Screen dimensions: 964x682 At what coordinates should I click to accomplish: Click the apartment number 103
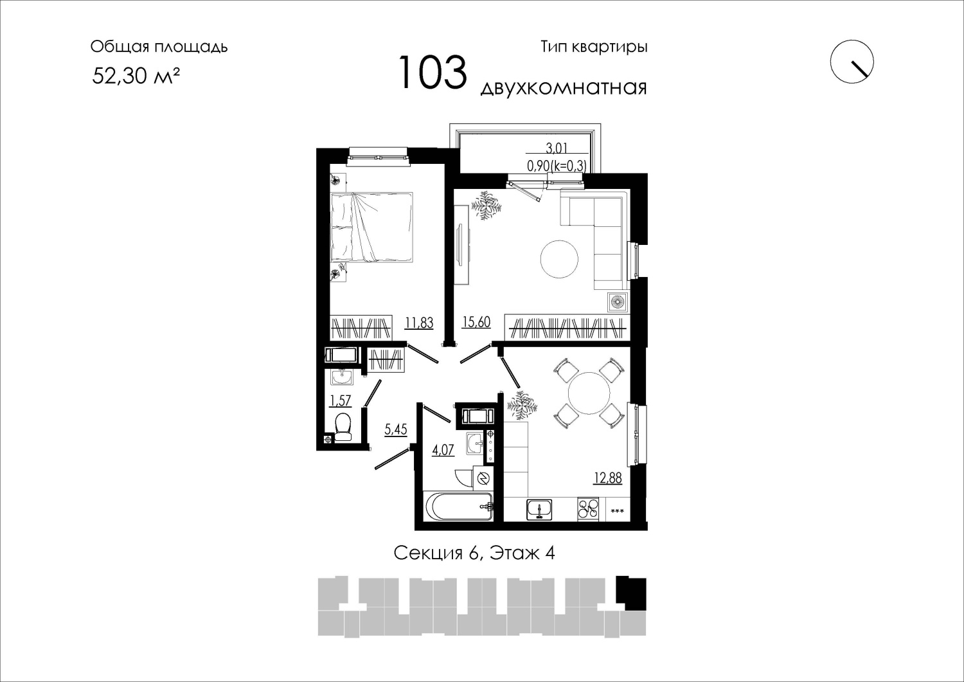pyautogui.click(x=433, y=73)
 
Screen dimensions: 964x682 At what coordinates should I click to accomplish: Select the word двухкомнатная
pyautogui.click(x=564, y=88)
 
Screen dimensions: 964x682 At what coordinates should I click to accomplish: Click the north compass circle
pyautogui.click(x=852, y=62)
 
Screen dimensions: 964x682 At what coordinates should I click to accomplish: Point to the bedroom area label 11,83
pyautogui.click(x=419, y=323)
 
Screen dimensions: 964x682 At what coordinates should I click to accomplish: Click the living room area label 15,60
pyautogui.click(x=476, y=321)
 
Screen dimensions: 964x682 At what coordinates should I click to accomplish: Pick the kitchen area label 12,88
pyautogui.click(x=608, y=478)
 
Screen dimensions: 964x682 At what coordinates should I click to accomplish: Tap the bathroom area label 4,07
pyautogui.click(x=443, y=450)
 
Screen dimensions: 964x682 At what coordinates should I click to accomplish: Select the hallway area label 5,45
pyautogui.click(x=395, y=429)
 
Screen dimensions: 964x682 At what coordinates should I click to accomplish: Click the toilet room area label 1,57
pyautogui.click(x=341, y=401)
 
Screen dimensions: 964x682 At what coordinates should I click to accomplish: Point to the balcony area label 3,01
pyautogui.click(x=557, y=148)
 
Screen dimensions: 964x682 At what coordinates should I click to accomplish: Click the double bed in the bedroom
pyautogui.click(x=372, y=227)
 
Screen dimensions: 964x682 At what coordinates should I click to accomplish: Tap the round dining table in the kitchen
pyautogui.click(x=589, y=393)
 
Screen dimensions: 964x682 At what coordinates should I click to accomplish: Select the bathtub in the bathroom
pyautogui.click(x=458, y=507)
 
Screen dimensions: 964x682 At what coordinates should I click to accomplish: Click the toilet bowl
pyautogui.click(x=343, y=427)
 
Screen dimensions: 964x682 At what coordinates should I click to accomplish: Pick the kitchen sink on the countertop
pyautogui.click(x=539, y=509)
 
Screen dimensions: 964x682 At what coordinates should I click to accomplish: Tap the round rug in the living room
pyautogui.click(x=560, y=259)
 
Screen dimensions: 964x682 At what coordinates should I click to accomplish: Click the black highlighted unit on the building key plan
pyautogui.click(x=631, y=593)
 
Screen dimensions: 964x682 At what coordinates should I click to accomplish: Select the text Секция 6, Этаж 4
pyautogui.click(x=474, y=553)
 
